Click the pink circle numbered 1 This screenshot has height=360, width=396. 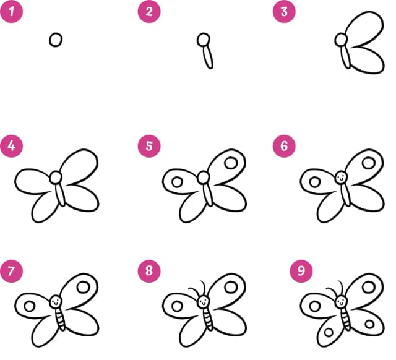[11, 11]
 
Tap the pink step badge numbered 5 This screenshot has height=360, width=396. [149, 146]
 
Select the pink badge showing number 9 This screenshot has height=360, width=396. [301, 271]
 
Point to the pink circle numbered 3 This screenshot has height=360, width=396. [284, 11]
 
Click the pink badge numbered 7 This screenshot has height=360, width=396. [11, 271]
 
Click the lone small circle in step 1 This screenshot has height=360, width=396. [56, 40]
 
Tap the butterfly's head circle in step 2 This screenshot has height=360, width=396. [204, 40]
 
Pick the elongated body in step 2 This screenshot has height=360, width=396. [209, 58]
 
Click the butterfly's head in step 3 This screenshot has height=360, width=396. [341, 40]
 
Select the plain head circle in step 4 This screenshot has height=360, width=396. [56, 178]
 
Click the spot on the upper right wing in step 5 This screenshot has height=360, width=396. [231, 163]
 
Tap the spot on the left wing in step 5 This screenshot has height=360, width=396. [177, 182]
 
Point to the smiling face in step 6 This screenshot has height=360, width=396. [341, 178]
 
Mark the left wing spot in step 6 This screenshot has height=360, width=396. [315, 182]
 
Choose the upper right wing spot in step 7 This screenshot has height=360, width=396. [84, 287]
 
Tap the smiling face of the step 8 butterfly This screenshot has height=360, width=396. [204, 301]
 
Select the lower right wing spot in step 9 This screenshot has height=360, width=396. [369, 324]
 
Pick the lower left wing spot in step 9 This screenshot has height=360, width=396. [329, 332]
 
